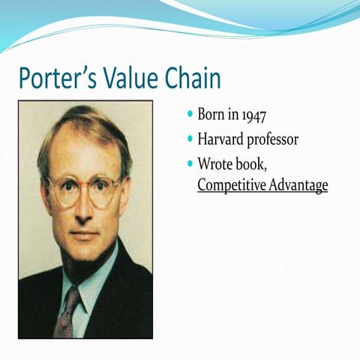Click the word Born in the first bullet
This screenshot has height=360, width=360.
(x=212, y=115)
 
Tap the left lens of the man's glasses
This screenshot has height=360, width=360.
(x=64, y=192)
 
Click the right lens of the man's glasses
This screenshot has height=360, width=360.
(x=104, y=192)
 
